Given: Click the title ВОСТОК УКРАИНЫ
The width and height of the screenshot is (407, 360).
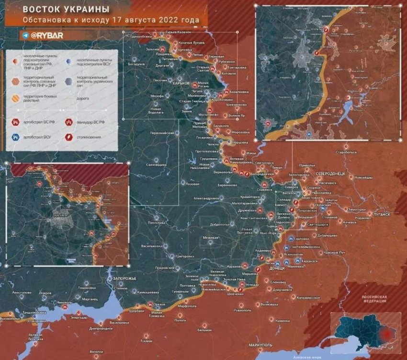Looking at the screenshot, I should click(66, 10).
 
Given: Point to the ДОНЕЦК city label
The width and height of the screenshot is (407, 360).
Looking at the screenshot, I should click(277, 268).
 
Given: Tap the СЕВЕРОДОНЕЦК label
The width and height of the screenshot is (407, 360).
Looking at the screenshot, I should click(333, 172).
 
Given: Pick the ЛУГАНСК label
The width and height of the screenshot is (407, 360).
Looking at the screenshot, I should click(382, 214).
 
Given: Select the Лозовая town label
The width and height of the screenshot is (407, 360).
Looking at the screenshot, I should click(192, 183).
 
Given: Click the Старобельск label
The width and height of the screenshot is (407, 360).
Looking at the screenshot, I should click(347, 152).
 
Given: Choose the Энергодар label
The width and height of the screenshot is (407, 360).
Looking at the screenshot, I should click(79, 317).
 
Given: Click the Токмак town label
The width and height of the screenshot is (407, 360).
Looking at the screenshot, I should click(146, 340).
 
